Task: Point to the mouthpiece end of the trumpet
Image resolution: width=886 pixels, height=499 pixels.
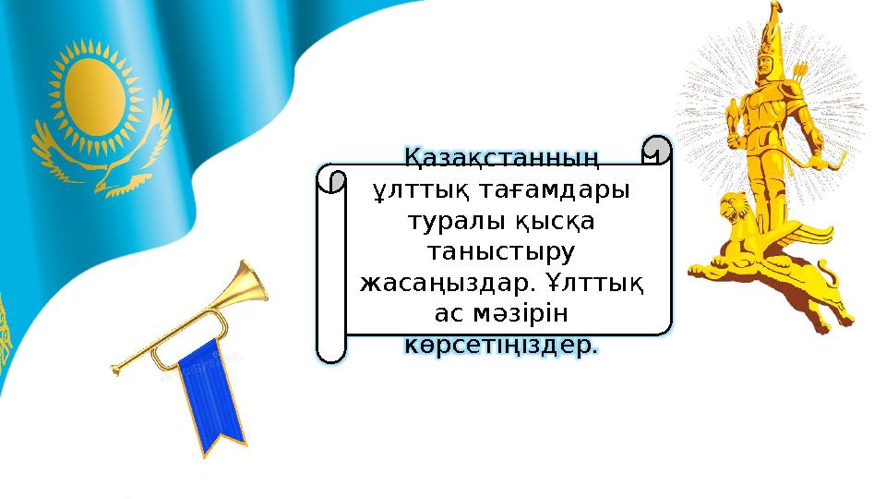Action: (116, 369)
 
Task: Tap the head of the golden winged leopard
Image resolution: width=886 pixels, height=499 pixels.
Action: (736, 208)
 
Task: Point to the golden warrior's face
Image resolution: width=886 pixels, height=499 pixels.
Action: (766, 69)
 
